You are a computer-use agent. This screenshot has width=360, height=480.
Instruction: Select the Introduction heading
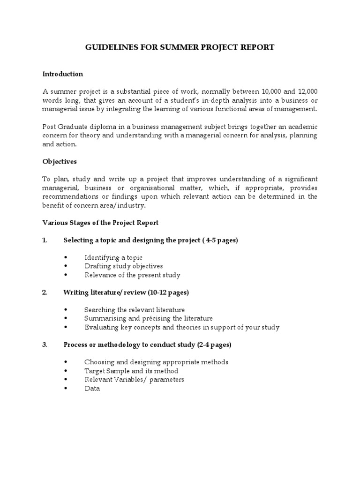(x=62, y=74)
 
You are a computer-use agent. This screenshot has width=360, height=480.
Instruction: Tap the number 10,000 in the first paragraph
(x=273, y=91)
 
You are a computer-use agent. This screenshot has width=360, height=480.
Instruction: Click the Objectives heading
(x=60, y=161)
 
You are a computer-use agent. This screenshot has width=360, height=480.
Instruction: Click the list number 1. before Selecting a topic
(x=45, y=240)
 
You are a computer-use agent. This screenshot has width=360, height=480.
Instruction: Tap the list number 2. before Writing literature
(x=45, y=292)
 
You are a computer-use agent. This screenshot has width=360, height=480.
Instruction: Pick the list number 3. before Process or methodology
(x=45, y=345)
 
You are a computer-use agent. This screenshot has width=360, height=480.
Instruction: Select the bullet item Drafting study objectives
(x=123, y=266)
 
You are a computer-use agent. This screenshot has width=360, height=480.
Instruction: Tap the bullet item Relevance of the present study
(x=132, y=275)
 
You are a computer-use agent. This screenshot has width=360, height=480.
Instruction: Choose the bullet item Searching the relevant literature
(x=134, y=310)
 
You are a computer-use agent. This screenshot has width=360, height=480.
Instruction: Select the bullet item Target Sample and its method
(x=131, y=371)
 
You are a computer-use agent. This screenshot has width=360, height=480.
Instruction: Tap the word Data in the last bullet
(x=92, y=389)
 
